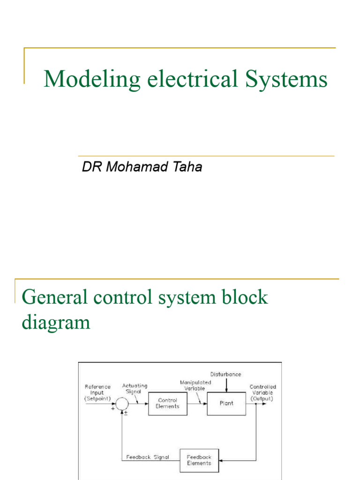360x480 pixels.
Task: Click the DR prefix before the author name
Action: [92, 168]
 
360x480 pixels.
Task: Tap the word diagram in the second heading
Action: [56, 322]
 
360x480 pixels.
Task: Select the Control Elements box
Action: [167, 403]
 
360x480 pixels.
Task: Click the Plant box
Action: [226, 403]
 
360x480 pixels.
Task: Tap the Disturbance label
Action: [226, 375]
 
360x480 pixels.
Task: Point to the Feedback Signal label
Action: [148, 457]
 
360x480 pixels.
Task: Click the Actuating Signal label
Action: [135, 389]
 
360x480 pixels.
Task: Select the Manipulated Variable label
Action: [195, 385]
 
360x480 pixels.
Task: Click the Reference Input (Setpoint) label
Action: [97, 393]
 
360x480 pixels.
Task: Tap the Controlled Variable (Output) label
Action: [263, 393]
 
